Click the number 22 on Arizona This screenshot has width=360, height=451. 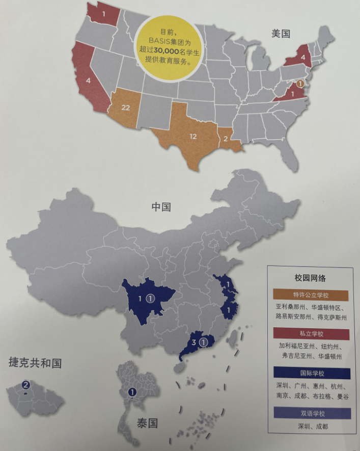coord(127,108)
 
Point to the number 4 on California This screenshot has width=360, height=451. coord(88,80)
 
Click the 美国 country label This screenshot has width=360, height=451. coord(280,34)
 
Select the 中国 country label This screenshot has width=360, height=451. coord(161,207)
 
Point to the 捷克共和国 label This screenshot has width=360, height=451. coord(35,363)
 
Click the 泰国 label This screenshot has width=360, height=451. coord(147,423)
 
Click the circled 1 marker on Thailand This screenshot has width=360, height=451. coord(132,392)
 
